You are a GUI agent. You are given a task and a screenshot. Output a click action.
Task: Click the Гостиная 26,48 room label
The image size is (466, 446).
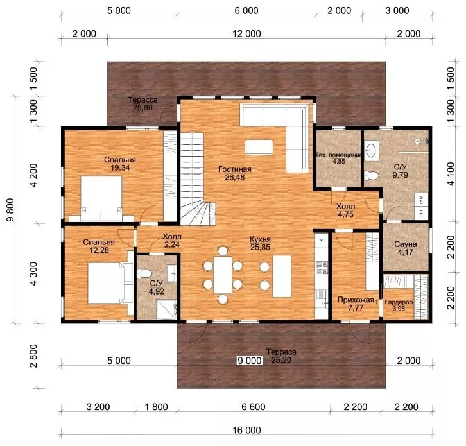click(x=235, y=173)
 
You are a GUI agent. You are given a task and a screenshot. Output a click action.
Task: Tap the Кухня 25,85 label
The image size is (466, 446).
click(x=260, y=243)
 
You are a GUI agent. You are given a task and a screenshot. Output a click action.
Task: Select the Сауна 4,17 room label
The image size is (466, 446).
click(x=406, y=248)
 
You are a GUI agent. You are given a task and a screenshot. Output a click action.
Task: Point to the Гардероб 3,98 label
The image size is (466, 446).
click(x=399, y=305)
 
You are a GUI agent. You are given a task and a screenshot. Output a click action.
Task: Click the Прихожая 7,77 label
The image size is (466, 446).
click(x=356, y=304)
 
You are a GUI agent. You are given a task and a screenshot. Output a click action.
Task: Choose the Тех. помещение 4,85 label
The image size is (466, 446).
click(x=339, y=158)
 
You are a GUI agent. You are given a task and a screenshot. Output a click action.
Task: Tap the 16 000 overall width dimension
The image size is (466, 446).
click(x=246, y=430)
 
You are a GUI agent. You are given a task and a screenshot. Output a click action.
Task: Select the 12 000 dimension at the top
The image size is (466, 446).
click(x=246, y=34)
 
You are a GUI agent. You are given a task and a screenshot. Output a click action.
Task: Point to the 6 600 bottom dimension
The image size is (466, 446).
click(x=253, y=407)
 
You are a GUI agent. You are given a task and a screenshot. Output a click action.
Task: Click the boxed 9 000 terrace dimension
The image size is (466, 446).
click(x=250, y=361)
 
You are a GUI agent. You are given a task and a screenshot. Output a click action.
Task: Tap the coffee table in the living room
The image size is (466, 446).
click(x=259, y=148)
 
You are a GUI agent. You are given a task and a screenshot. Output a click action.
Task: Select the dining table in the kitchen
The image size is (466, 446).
click(x=223, y=275)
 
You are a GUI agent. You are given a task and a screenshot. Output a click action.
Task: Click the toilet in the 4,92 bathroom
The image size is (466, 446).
click(x=144, y=273)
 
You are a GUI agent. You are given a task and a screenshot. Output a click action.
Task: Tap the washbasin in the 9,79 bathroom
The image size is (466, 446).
click(x=371, y=150)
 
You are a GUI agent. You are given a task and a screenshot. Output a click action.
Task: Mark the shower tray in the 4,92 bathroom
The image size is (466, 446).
click(x=167, y=310)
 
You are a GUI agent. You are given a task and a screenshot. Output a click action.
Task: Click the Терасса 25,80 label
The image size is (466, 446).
click(x=142, y=104)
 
